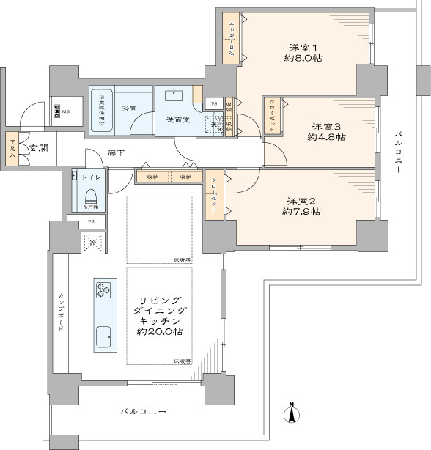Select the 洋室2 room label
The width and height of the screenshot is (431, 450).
(301, 201)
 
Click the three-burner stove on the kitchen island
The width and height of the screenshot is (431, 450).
(103, 289)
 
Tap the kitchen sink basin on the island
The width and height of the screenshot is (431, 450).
(103, 336)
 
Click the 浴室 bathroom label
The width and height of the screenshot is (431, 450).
(129, 109)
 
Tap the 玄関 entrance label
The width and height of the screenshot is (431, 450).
(39, 149)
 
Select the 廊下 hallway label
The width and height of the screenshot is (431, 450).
(115, 154)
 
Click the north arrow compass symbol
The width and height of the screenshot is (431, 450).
(291, 414)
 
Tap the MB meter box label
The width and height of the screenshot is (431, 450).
(66, 111)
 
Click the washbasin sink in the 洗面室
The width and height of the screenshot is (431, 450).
(174, 95)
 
